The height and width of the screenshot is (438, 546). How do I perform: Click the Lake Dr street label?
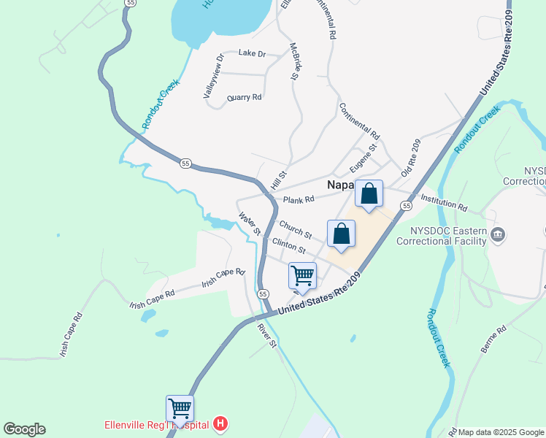click(252, 53)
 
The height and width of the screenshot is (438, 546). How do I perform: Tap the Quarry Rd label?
click(245, 97)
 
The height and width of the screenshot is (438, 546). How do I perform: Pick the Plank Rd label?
click(299, 199)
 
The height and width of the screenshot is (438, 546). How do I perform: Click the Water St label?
click(250, 223)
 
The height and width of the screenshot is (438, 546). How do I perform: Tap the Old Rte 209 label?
click(412, 158)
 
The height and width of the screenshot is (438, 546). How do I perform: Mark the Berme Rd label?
click(493, 341)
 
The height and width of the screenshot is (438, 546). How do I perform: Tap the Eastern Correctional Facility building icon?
click(499, 234)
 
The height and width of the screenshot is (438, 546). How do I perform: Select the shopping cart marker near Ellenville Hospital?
click(180, 408)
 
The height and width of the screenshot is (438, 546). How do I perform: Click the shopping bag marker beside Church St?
click(341, 234)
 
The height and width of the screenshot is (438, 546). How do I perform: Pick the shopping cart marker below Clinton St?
click(302, 276)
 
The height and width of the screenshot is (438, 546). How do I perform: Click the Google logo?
click(24, 429)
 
